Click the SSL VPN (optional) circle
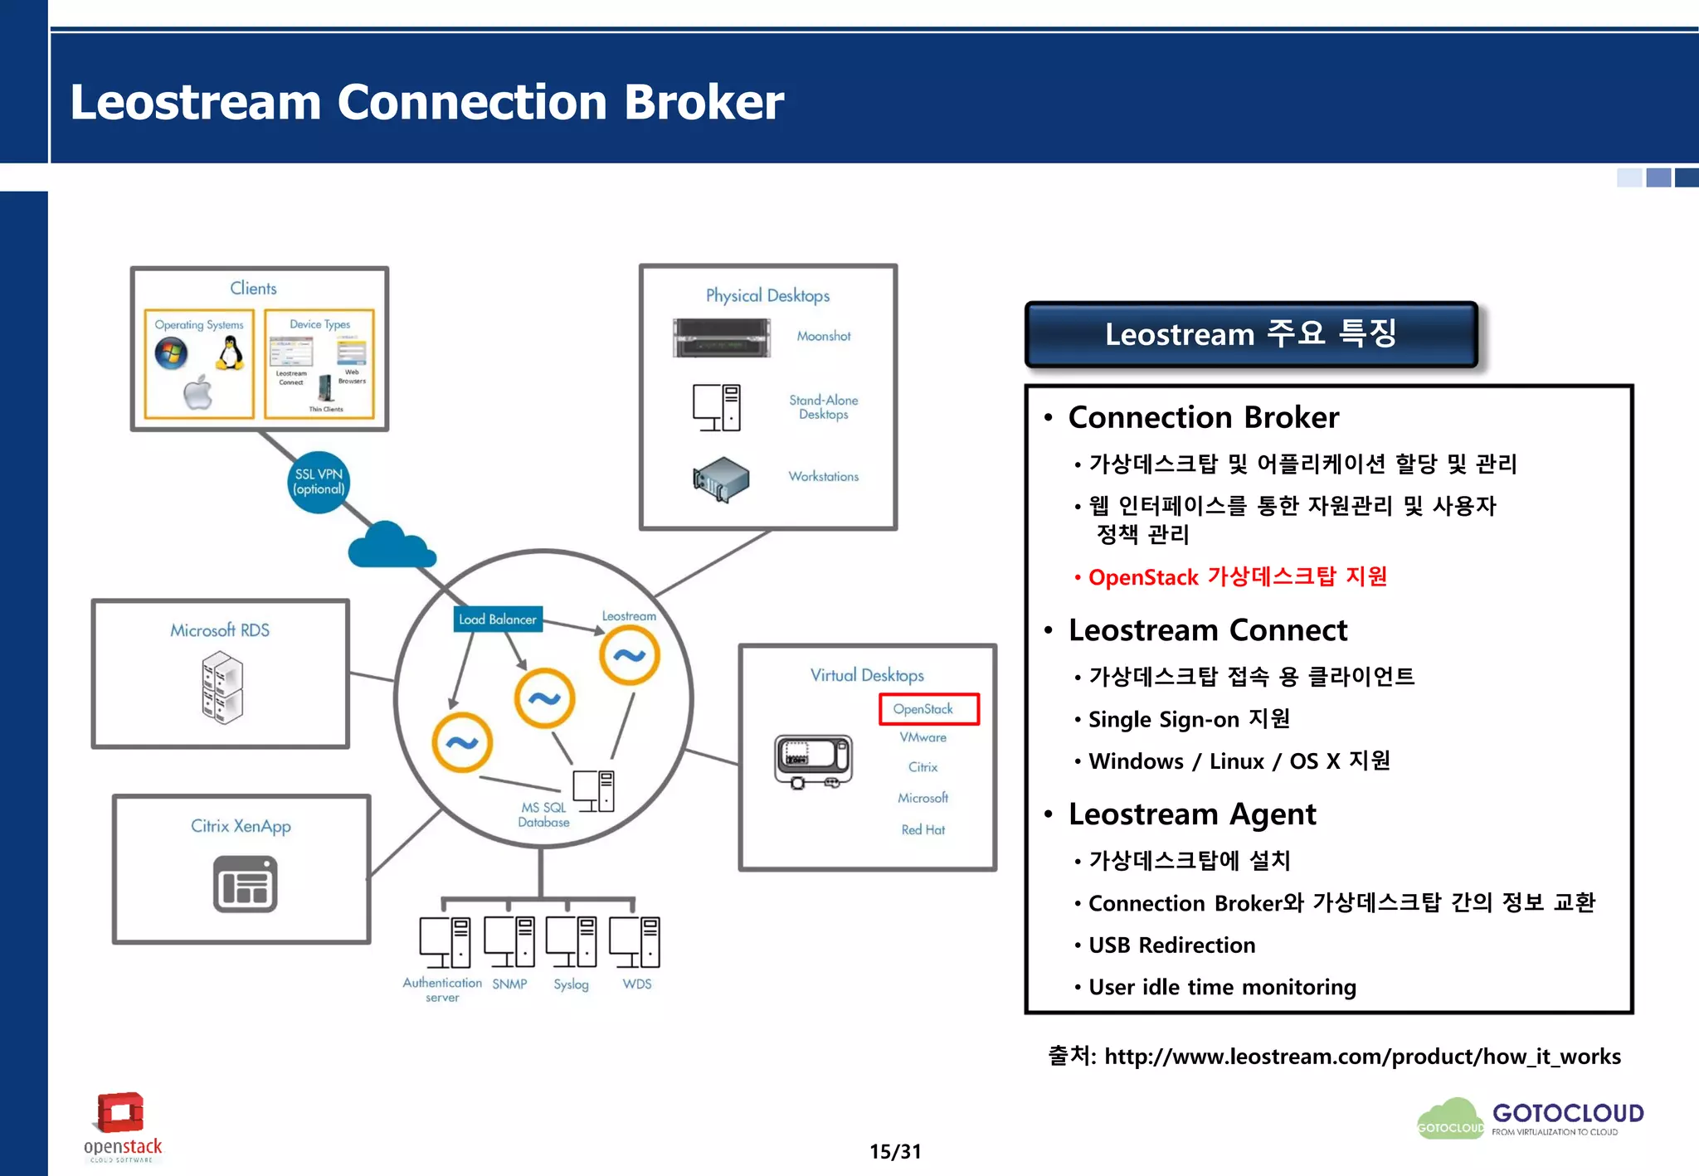point(319,482)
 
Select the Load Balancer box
point(498,619)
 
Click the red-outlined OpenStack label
point(928,709)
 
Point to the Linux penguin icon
point(231,353)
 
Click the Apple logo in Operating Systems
point(198,392)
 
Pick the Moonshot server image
point(722,338)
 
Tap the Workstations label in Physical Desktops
point(823,476)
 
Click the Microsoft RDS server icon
point(222,687)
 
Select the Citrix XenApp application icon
point(245,885)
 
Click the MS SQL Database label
point(543,814)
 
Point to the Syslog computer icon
point(571,941)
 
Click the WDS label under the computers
point(636,984)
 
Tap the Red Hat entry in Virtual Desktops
point(923,829)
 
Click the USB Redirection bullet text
point(1171,945)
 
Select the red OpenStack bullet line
point(1236,576)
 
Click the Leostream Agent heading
point(1191,814)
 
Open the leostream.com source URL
point(1361,1056)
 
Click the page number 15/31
point(894,1151)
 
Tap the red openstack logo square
point(121,1112)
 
